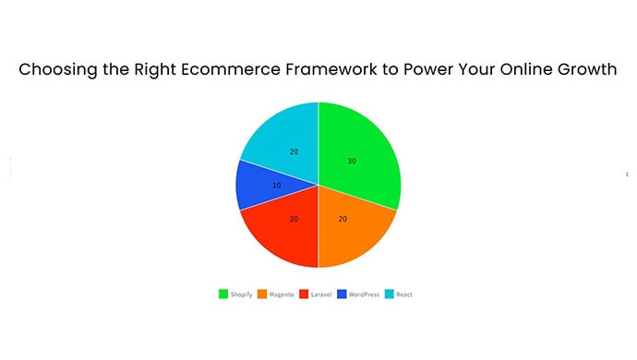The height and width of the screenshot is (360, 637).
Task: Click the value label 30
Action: click(352, 161)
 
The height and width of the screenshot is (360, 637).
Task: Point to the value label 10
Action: click(276, 186)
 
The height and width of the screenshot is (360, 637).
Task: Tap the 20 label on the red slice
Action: click(294, 219)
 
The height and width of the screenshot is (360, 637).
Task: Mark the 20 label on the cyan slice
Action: click(294, 151)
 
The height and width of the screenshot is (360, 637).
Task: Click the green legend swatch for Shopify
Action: click(222, 294)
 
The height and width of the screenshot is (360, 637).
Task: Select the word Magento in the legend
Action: click(281, 294)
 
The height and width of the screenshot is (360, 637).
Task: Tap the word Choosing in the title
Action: click(54, 70)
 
